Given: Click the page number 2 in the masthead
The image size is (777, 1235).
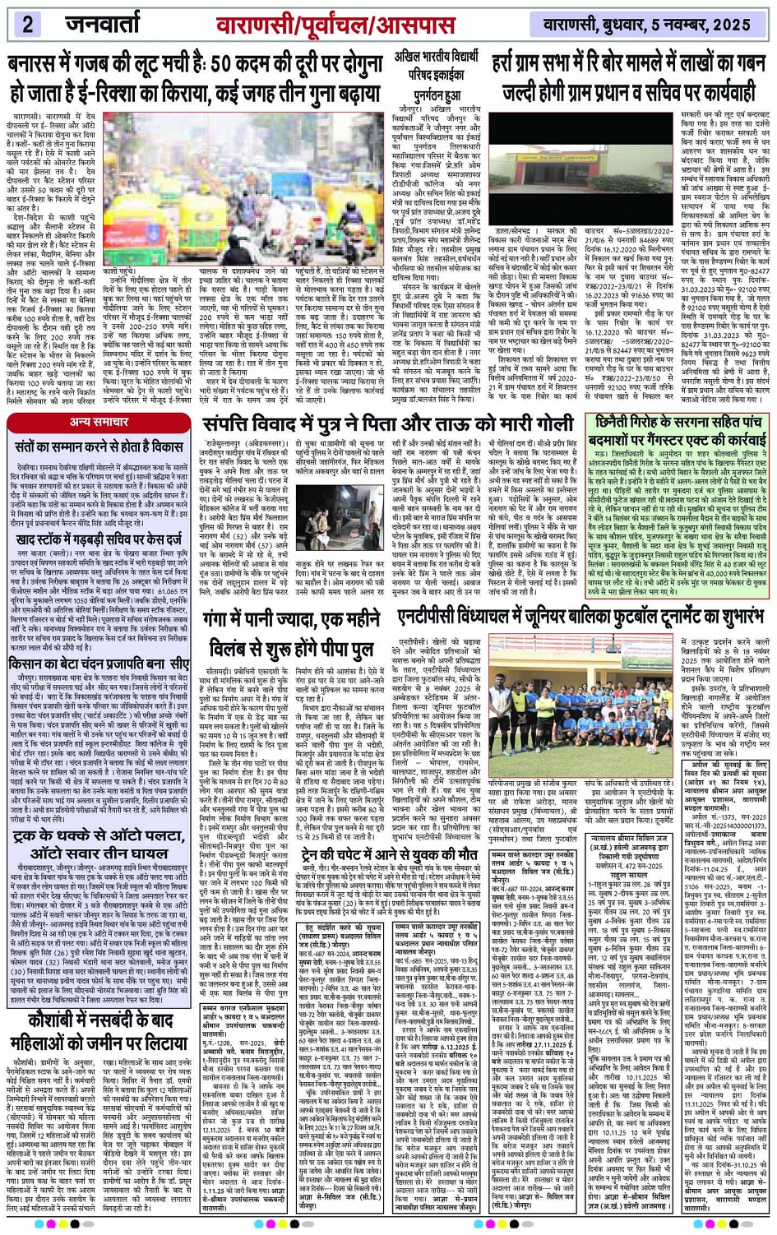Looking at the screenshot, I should [x=27, y=25].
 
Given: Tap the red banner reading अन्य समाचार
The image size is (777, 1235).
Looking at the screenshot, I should [x=99, y=422].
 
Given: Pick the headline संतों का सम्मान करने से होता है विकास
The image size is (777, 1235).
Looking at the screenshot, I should [x=99, y=448].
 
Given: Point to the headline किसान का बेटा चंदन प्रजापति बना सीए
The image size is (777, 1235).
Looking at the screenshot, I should [x=99, y=664].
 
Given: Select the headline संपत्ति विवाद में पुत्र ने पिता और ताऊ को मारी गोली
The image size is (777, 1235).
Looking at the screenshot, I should [x=387, y=424].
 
